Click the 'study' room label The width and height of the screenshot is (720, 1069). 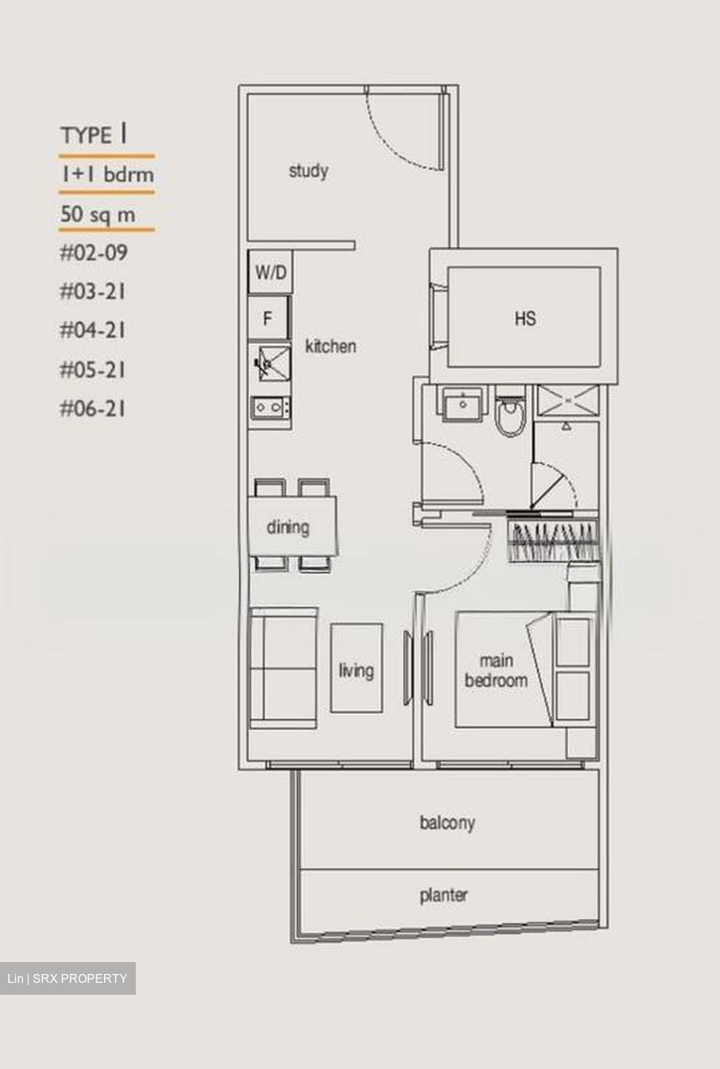(x=308, y=171)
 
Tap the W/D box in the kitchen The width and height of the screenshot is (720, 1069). (x=269, y=272)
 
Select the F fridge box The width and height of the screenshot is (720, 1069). (x=268, y=318)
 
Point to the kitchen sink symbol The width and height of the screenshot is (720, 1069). (x=269, y=364)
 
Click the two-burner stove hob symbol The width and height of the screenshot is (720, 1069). (x=269, y=407)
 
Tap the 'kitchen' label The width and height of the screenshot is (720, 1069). (x=330, y=346)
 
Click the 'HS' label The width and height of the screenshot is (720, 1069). (x=525, y=318)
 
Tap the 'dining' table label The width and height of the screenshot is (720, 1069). (x=288, y=527)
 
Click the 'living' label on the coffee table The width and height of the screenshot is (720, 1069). (x=356, y=670)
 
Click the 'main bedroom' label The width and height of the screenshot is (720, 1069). (x=496, y=670)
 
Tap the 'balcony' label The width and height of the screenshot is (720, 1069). (x=447, y=823)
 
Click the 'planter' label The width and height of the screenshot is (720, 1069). (x=444, y=895)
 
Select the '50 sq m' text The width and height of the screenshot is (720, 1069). (x=98, y=215)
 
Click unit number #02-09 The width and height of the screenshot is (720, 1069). (x=94, y=253)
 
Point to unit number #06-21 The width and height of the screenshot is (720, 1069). (x=93, y=408)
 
